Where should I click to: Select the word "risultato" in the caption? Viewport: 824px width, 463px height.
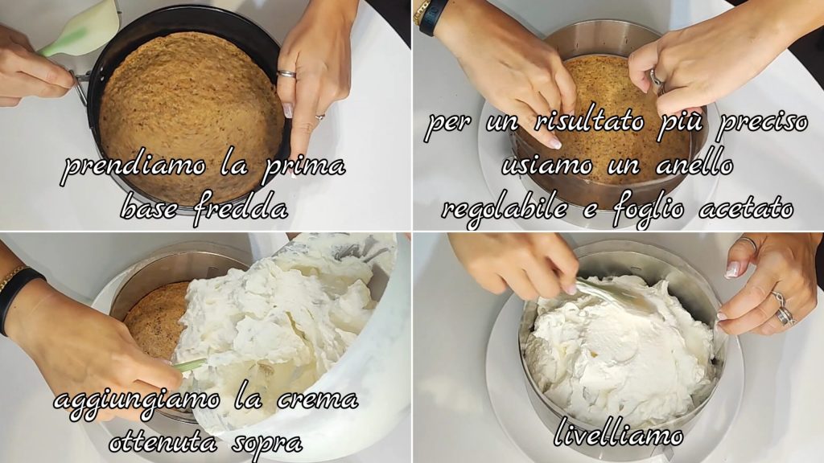589,121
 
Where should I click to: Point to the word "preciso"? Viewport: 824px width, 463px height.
763,122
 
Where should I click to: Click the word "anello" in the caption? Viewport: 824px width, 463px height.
694,165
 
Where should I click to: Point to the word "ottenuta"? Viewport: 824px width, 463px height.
163,443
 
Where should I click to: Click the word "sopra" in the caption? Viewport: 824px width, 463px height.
267,444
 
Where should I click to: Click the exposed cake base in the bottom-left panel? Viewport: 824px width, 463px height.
154,320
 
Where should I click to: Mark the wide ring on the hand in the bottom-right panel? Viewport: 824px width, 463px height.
785,316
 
